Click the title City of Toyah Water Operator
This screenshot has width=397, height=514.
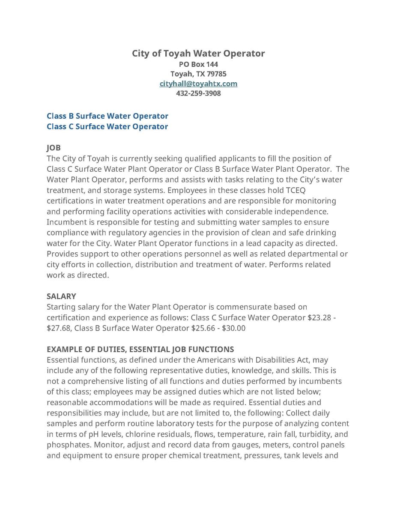pyautogui.click(x=198, y=54)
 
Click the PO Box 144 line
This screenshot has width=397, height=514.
pyautogui.click(x=198, y=64)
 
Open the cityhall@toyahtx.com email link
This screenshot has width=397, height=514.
pyautogui.click(x=198, y=84)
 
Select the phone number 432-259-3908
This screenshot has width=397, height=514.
pyautogui.click(x=198, y=93)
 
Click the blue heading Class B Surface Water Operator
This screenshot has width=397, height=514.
pyautogui.click(x=107, y=116)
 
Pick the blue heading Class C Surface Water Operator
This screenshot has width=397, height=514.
pyautogui.click(x=107, y=126)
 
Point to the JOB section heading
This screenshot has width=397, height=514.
pyautogui.click(x=54, y=148)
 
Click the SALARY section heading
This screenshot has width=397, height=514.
pyautogui.click(x=61, y=296)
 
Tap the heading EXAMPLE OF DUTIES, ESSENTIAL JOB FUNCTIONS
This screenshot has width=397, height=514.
pyautogui.click(x=140, y=349)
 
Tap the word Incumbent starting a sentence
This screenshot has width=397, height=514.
pyautogui.click(x=66, y=222)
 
